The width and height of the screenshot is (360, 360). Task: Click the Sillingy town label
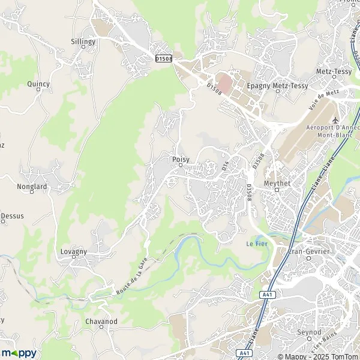[x=83, y=41]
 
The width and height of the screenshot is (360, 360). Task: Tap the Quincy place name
[x=38, y=84]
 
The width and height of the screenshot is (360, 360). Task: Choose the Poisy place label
[x=180, y=159]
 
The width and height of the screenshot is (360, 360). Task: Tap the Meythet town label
[x=277, y=183]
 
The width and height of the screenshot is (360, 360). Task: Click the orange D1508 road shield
[x=163, y=58]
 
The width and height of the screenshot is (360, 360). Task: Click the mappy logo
[x=19, y=352]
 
